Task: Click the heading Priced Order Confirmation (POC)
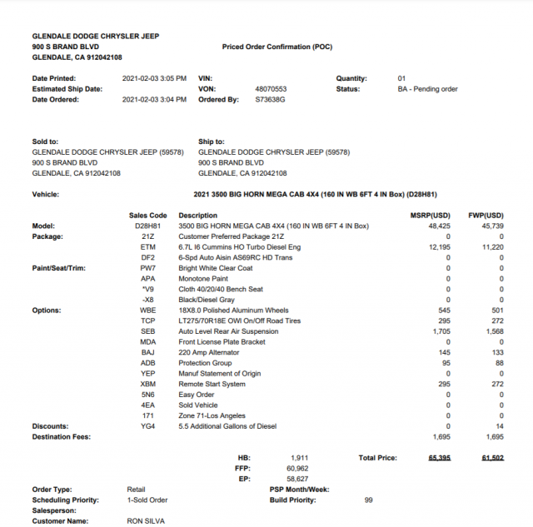(276, 47)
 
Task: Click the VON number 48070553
(271, 88)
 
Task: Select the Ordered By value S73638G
(270, 99)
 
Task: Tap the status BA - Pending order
(427, 88)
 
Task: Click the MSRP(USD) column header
(431, 215)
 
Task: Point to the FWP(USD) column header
(486, 215)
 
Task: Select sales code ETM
(147, 247)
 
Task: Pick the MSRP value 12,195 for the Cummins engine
(439, 247)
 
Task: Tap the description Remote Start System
(212, 384)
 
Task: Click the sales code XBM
(147, 384)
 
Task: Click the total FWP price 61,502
(492, 458)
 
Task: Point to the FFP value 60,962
(296, 469)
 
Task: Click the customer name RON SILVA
(147, 520)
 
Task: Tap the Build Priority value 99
(368, 500)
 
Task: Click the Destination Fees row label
(61, 436)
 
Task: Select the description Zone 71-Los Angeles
(212, 415)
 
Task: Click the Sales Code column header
(147, 215)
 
